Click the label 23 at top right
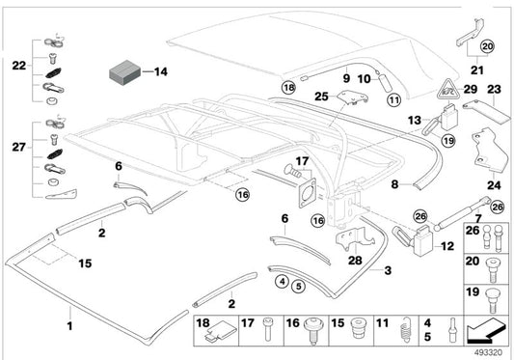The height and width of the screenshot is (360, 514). pyautogui.click(x=494, y=90)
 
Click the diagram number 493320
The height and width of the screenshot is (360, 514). pyautogui.click(x=487, y=352)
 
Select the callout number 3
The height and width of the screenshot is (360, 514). pyautogui.click(x=388, y=271)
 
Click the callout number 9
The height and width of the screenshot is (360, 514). pyautogui.click(x=344, y=76)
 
